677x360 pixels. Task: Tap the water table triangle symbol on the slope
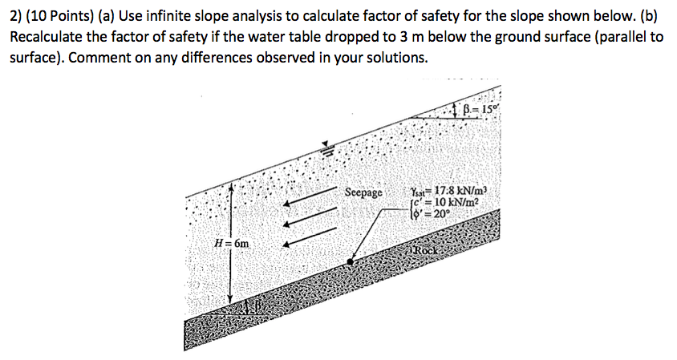click(326, 146)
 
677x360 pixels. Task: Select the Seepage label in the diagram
click(364, 193)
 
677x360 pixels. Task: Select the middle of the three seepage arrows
click(308, 217)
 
